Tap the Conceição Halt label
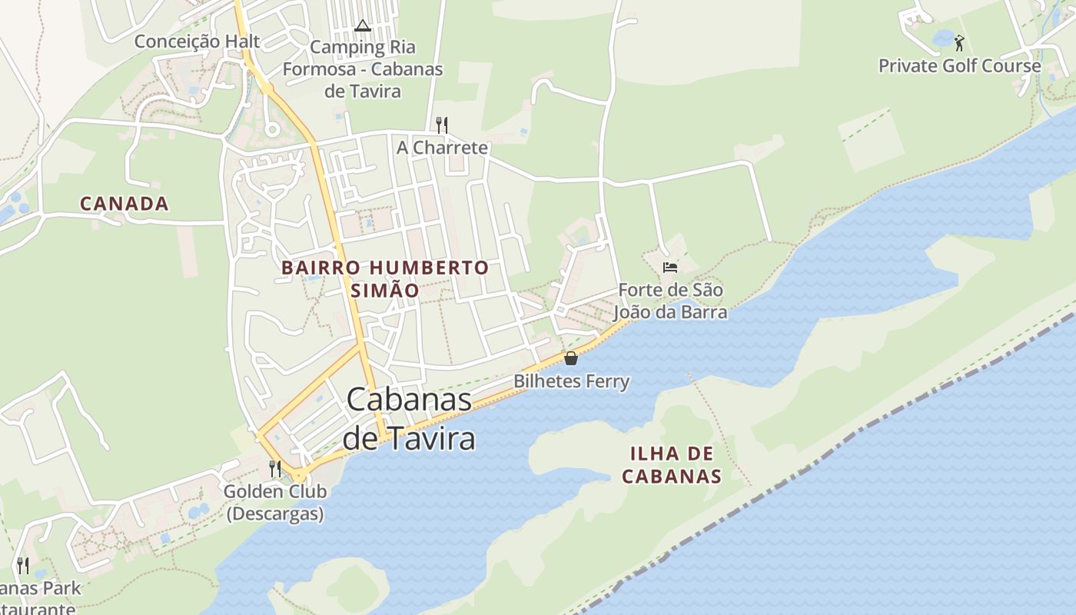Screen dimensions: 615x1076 coord(197,42)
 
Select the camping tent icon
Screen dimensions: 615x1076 coord(363,26)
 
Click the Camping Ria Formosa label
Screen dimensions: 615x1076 coord(363,69)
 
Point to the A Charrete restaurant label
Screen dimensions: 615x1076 coord(442,148)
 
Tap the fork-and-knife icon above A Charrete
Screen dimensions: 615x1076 coord(441,125)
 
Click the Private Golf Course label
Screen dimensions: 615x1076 coord(959,66)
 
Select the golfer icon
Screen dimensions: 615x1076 coord(958,42)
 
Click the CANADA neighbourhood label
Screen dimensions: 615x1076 coord(124,204)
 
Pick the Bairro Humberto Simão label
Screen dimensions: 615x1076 coord(384,278)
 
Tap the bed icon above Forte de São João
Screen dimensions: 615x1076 coord(670,268)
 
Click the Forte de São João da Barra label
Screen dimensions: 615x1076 coord(670,301)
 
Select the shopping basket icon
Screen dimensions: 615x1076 coord(570,358)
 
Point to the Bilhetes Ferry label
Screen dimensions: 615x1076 coord(571,381)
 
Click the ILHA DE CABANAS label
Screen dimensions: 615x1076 coord(671,464)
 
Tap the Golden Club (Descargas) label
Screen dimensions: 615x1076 coord(274,502)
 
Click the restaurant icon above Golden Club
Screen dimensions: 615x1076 coord(274,468)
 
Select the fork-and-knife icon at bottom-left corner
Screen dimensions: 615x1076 coord(23,567)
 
